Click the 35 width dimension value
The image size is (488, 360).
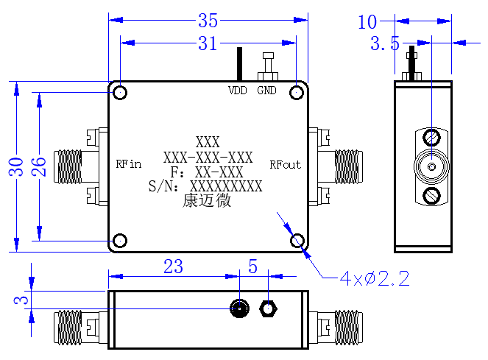click(208, 21)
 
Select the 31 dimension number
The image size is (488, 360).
click(208, 43)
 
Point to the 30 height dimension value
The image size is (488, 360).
click(16, 167)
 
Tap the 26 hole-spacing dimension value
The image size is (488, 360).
click(38, 167)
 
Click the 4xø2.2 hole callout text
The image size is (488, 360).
click(375, 278)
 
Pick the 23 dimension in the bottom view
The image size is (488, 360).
click(173, 267)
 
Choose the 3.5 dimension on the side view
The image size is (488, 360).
click(385, 43)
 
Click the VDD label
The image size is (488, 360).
click(238, 91)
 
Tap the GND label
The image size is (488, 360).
click(266, 91)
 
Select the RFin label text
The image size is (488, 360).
click(129, 164)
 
